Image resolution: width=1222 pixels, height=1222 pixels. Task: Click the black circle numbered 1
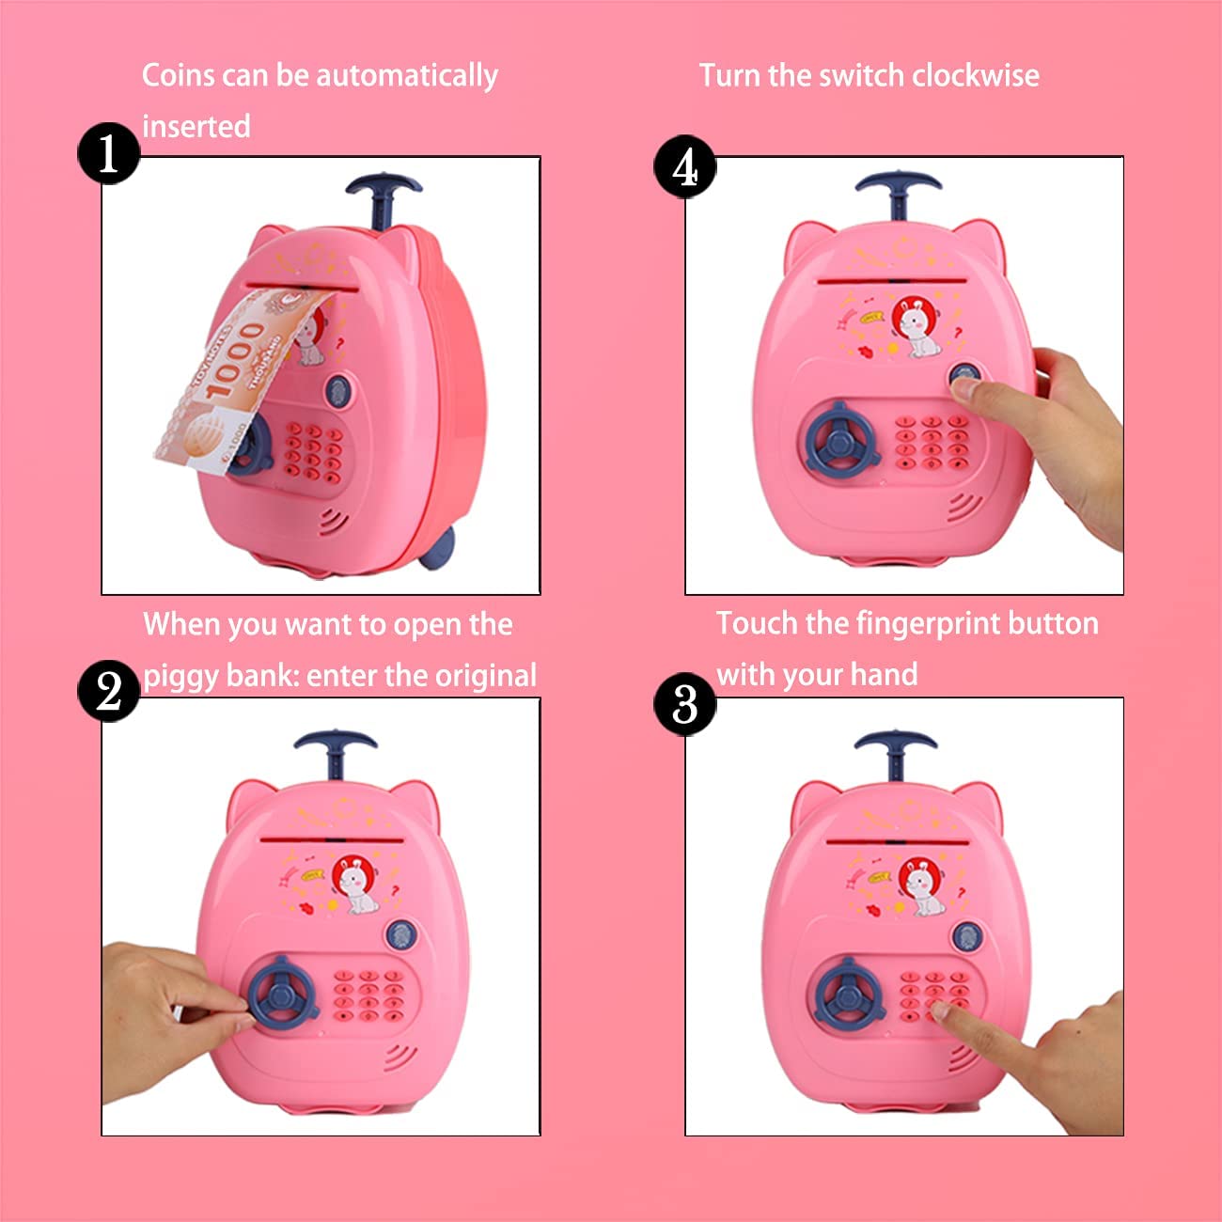(x=108, y=153)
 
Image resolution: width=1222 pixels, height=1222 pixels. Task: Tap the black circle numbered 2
(x=108, y=691)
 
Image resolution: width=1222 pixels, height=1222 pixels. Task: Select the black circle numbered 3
(x=685, y=704)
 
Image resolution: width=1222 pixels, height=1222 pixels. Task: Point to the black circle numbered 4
(x=685, y=166)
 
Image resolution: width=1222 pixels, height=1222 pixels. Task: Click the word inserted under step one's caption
(x=196, y=126)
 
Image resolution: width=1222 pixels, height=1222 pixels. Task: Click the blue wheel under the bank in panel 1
(x=438, y=548)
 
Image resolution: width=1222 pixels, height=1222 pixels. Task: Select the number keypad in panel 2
(x=368, y=995)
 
